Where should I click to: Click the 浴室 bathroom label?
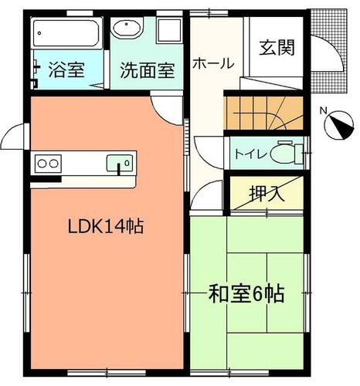click(x=66, y=69)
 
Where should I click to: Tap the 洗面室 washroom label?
click(x=148, y=70)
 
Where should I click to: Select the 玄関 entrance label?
click(x=277, y=48)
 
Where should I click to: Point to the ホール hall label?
click(x=213, y=63)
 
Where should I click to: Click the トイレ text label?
click(x=250, y=154)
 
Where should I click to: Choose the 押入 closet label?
click(x=267, y=193)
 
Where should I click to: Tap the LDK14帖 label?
click(x=106, y=226)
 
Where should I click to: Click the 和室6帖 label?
click(x=246, y=293)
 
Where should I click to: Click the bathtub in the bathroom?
click(x=66, y=33)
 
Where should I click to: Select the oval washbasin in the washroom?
click(x=127, y=28)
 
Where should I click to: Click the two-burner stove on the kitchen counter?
click(x=48, y=164)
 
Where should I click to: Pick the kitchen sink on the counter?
click(x=120, y=163)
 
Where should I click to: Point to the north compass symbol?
click(x=339, y=125)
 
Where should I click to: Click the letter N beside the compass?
click(x=323, y=111)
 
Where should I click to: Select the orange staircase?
click(x=263, y=113)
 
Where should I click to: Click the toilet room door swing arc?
click(x=203, y=159)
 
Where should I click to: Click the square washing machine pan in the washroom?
click(x=169, y=30)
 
